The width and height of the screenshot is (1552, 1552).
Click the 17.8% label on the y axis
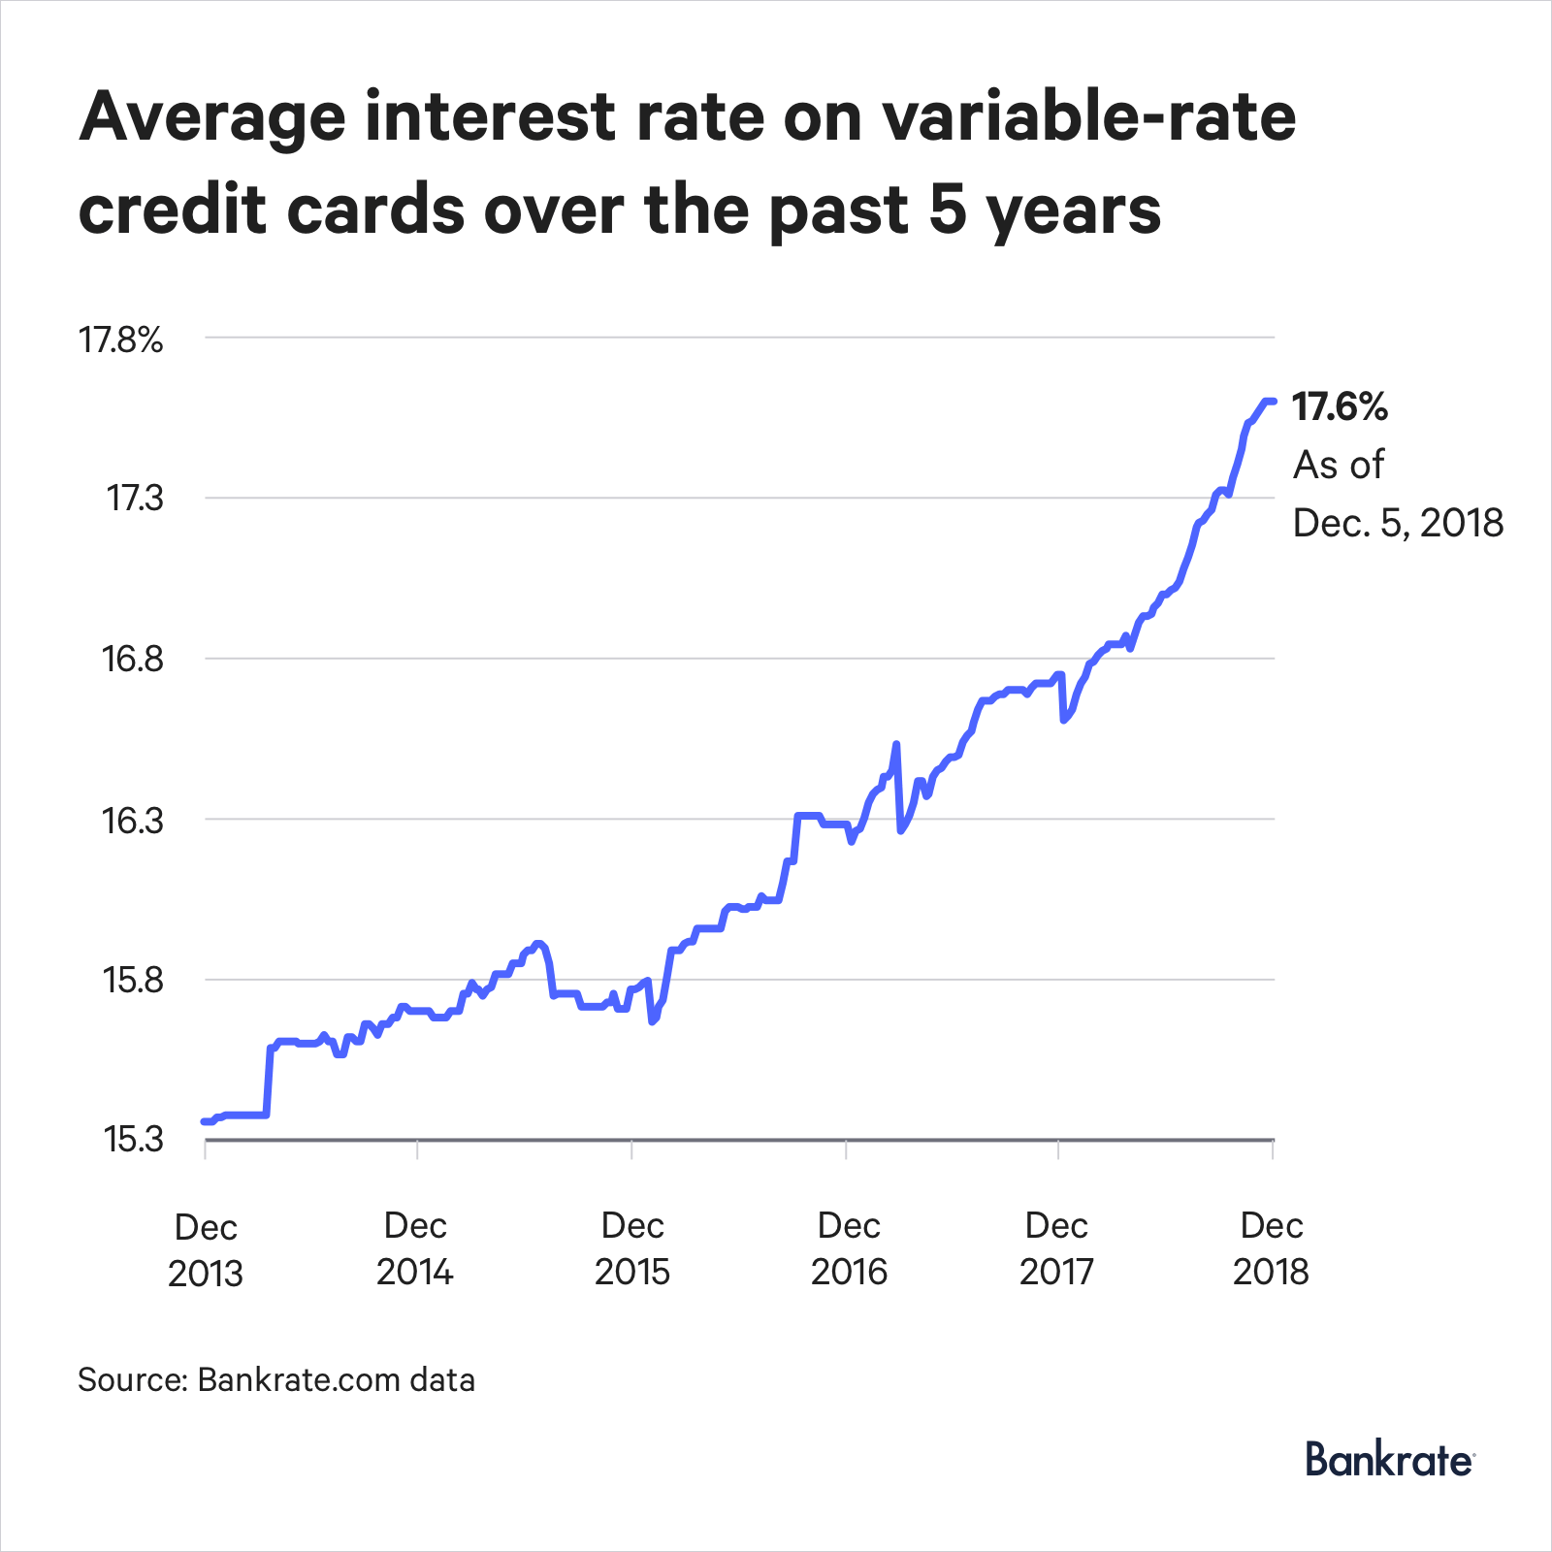click(x=121, y=340)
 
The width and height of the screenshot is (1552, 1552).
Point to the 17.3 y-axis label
click(x=135, y=499)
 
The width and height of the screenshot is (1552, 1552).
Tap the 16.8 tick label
click(x=133, y=660)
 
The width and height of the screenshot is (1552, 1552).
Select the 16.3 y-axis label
click(x=133, y=821)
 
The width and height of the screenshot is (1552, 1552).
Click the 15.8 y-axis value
click(x=133, y=980)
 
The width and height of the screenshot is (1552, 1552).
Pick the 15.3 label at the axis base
click(x=134, y=1140)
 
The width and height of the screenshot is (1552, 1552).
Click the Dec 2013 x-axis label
click(x=206, y=1249)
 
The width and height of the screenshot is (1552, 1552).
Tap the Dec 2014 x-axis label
click(x=415, y=1248)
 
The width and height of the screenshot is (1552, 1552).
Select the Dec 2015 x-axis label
click(x=632, y=1248)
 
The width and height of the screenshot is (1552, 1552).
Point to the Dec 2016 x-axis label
click(x=849, y=1248)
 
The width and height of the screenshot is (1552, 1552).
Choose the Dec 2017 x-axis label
click(x=1056, y=1248)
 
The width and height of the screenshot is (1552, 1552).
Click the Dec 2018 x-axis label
click(x=1271, y=1248)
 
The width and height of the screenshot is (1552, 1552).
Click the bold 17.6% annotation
click(x=1340, y=407)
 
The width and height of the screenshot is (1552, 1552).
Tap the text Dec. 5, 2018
click(x=1398, y=523)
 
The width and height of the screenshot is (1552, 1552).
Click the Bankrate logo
click(x=1389, y=1459)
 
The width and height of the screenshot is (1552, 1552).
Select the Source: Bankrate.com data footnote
click(x=276, y=1379)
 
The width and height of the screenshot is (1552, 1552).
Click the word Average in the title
click(x=212, y=117)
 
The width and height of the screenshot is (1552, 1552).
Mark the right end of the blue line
click(x=1273, y=401)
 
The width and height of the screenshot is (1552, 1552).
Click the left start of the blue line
click(x=205, y=1121)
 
